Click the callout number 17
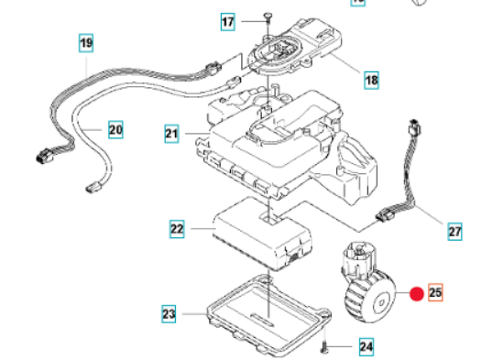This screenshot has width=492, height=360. [x=227, y=20]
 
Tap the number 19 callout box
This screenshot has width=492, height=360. [x=85, y=42]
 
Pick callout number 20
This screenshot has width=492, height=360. [x=115, y=130]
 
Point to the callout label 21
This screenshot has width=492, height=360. [x=171, y=135]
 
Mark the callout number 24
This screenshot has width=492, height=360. [x=366, y=347]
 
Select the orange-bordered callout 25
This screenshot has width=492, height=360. [x=435, y=293]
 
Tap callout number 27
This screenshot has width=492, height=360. [x=454, y=233]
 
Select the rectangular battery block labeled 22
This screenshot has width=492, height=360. [x=256, y=235]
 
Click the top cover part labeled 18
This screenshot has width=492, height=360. [x=302, y=50]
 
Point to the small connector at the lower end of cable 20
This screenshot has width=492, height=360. [x=92, y=189]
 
